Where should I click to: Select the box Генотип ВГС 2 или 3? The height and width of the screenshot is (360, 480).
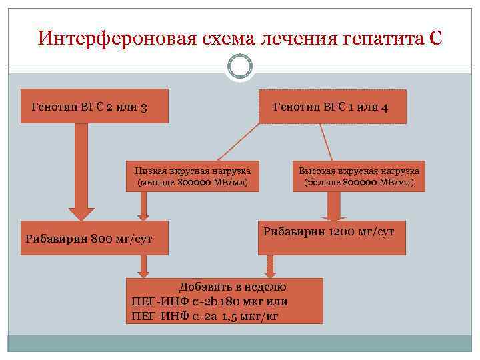(x=95, y=106)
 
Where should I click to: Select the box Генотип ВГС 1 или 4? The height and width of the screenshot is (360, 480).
(x=332, y=107)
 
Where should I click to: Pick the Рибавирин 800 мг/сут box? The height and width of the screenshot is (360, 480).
(x=95, y=238)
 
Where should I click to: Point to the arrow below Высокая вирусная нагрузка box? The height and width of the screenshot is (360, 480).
(x=334, y=207)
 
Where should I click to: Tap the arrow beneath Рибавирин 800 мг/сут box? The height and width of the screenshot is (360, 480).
(x=143, y=266)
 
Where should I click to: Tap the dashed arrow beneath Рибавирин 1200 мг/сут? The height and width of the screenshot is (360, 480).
(x=269, y=266)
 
